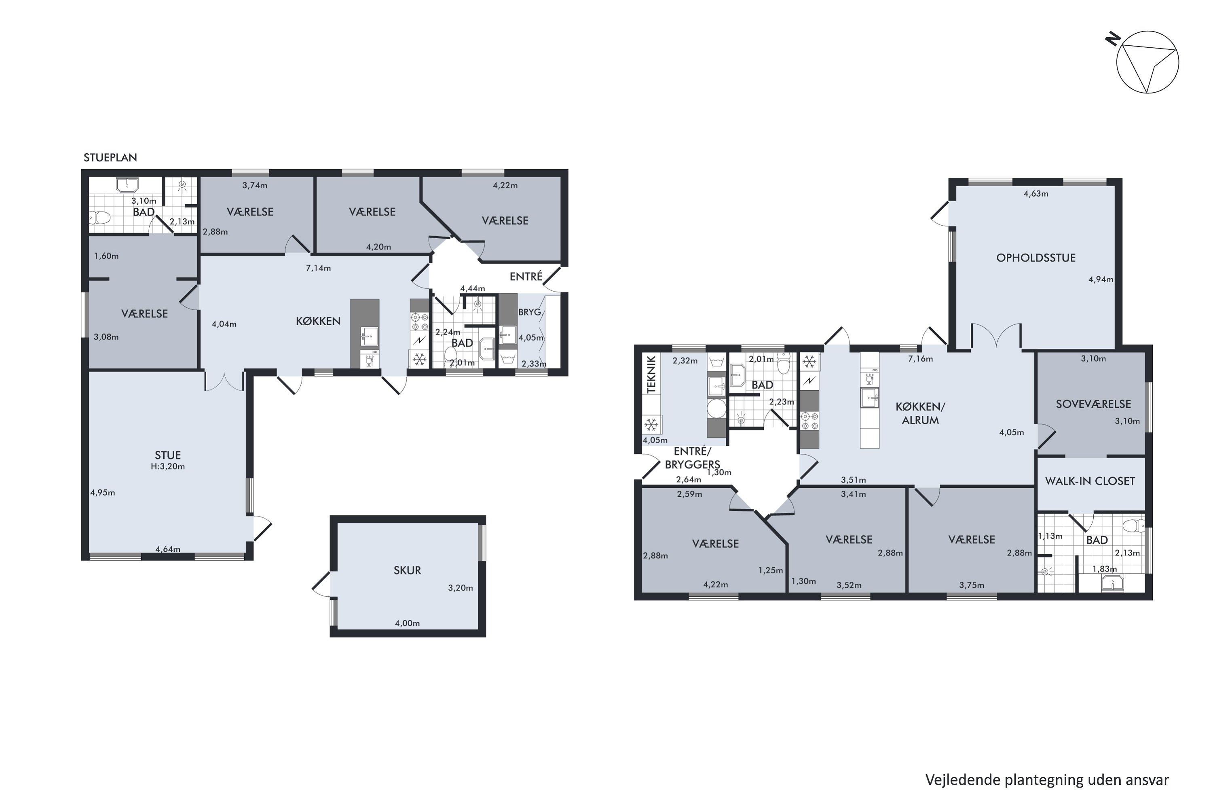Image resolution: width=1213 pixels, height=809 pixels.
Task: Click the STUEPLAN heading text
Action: tap(110, 157)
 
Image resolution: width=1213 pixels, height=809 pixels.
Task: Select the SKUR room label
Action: tap(408, 570)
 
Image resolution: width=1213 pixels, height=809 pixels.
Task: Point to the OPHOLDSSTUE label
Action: tap(1035, 257)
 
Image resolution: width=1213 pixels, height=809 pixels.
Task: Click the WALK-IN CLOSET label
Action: tap(1090, 481)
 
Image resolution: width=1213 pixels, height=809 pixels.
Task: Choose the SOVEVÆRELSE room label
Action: tap(1093, 404)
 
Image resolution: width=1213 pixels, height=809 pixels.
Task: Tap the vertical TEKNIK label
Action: tap(651, 374)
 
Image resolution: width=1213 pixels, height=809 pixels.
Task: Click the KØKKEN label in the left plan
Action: tap(318, 321)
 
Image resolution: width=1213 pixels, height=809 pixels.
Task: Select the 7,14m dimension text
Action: tap(318, 268)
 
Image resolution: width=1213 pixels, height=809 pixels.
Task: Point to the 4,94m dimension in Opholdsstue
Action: tap(1101, 279)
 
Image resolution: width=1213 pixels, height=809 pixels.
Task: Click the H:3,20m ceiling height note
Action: tap(168, 466)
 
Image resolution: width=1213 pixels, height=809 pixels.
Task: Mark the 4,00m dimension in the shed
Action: tap(408, 623)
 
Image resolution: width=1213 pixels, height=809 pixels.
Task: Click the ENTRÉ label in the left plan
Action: tap(526, 277)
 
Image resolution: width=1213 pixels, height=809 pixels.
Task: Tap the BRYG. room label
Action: tap(530, 312)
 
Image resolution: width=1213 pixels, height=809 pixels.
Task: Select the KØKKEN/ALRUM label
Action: tap(921, 413)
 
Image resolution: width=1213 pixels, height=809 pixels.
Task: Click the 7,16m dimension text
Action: tap(920, 358)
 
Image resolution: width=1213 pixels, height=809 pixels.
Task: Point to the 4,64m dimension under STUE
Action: tap(168, 549)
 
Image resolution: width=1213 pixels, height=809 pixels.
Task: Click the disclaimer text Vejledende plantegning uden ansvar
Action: tap(1047, 779)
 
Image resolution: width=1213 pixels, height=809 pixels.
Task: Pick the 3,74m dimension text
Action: tap(255, 185)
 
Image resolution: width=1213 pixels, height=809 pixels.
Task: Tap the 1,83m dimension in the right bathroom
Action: tap(1105, 569)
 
